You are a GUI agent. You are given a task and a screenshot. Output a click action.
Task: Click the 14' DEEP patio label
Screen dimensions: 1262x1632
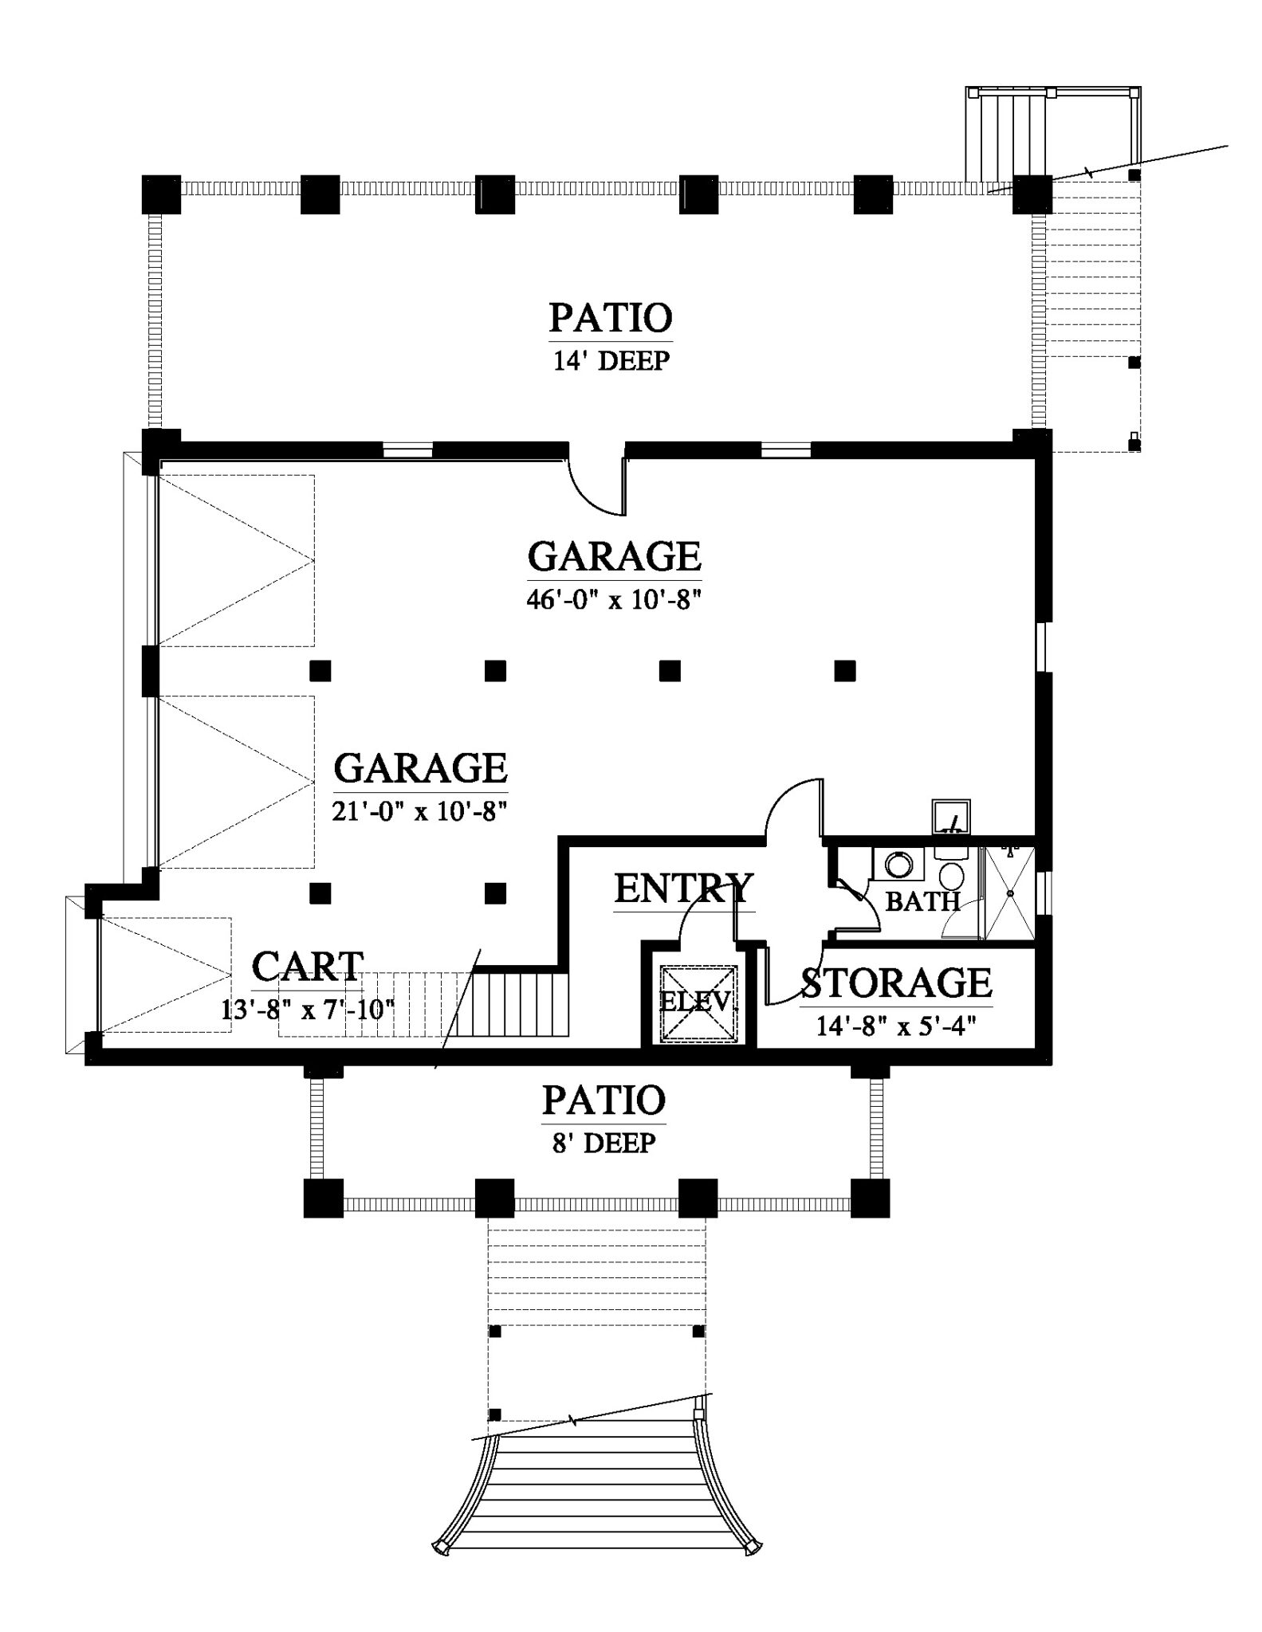pos(611,361)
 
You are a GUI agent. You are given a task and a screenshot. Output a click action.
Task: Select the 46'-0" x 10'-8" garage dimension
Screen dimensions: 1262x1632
pos(613,598)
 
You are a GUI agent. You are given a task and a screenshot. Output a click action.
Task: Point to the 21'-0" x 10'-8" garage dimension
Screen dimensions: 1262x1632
pos(420,810)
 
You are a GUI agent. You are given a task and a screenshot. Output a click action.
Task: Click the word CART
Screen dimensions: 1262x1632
pos(308,967)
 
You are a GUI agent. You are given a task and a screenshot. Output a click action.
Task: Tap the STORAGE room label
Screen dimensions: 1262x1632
pos(896,983)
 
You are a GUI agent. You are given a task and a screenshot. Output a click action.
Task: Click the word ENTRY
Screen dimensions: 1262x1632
pos(683,888)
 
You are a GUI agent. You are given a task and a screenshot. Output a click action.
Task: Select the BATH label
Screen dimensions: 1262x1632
pos(922,901)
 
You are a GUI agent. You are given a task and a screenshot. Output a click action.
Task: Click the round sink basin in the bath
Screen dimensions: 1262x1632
pos(899,864)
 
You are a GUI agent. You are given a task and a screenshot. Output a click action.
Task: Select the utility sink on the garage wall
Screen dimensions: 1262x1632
pos(952,817)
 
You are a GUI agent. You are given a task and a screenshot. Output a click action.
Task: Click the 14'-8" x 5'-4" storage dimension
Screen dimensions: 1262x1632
pos(896,1026)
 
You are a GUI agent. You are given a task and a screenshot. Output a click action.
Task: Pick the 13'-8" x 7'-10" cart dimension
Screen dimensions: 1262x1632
pos(308,1010)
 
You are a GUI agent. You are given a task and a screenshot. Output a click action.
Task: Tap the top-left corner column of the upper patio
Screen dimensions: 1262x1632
pos(162,195)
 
